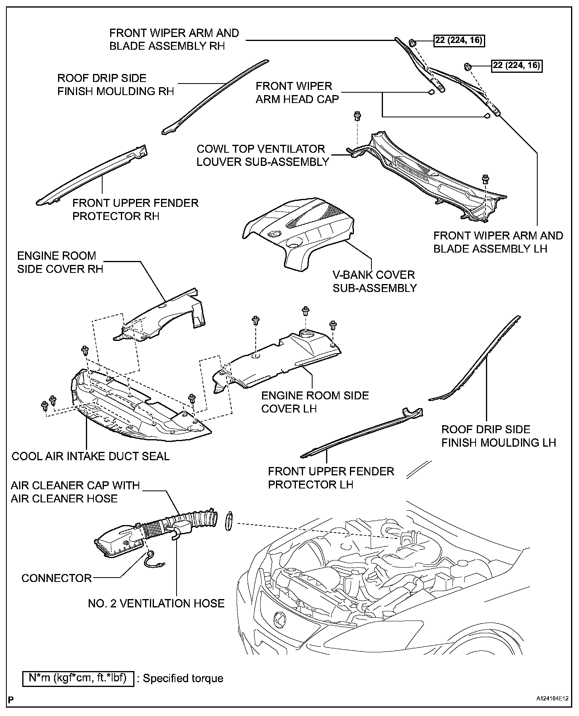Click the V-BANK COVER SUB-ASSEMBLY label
374,281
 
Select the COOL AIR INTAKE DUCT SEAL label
91,456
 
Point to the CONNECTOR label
56,578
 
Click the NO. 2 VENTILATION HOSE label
156,603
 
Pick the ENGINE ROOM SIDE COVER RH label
60,262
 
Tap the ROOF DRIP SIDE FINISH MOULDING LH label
498,436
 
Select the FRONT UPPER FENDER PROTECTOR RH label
135,210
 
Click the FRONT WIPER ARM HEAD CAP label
297,93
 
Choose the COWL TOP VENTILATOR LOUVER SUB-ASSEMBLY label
263,156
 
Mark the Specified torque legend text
183,678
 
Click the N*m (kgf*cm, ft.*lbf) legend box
78,678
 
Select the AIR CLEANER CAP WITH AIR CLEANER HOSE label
75,492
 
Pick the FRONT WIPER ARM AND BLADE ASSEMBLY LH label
498,242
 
